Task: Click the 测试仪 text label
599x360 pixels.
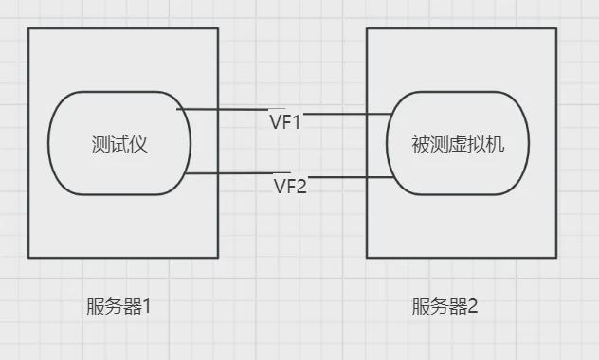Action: (x=120, y=145)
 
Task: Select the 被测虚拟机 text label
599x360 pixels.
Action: (x=459, y=145)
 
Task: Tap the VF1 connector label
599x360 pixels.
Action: (x=285, y=121)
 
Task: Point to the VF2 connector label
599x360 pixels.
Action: (x=290, y=186)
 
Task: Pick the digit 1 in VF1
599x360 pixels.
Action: (x=299, y=121)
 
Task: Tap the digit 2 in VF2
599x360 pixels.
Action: (x=302, y=186)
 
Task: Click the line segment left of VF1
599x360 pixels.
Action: (x=222, y=110)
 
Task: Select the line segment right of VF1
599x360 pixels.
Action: (x=348, y=114)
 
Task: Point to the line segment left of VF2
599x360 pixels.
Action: (x=228, y=173)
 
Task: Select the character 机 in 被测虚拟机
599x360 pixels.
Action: (x=496, y=145)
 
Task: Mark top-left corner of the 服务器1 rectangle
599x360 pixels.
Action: (x=28, y=28)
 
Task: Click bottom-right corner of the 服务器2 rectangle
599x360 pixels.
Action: (x=556, y=257)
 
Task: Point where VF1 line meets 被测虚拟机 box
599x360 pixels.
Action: (x=393, y=114)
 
